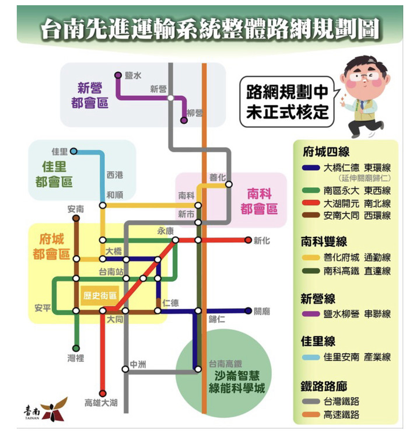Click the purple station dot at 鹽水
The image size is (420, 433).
[118, 75]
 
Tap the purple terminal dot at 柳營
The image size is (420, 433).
[184, 120]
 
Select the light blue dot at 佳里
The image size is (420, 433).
[73, 151]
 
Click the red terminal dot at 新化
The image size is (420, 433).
[248, 240]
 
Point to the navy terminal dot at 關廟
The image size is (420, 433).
[248, 310]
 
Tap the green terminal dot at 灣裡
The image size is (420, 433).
[76, 348]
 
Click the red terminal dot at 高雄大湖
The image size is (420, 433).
[103, 393]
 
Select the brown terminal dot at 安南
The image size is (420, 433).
[76, 218]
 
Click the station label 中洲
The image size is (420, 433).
[138, 365]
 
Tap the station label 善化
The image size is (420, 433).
[218, 177]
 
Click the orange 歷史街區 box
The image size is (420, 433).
[100, 295]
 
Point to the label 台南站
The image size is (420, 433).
[111, 272]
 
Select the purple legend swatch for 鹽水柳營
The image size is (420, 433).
[311, 314]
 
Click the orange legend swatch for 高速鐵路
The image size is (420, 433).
[311, 414]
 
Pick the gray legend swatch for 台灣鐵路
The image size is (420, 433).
[311, 401]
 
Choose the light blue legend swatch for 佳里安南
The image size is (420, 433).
[311, 357]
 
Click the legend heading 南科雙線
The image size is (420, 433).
[324, 242]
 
